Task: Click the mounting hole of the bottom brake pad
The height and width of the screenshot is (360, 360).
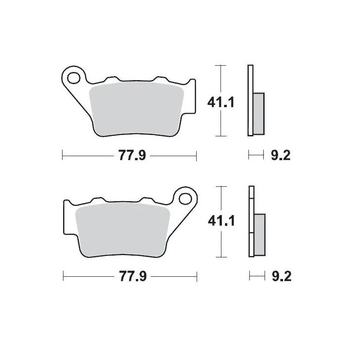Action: pos(185,198)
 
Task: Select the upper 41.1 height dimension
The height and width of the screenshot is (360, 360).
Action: pos(221,103)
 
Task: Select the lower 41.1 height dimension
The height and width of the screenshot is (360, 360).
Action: pos(221,221)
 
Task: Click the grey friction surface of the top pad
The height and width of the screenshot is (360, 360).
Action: pos(137,108)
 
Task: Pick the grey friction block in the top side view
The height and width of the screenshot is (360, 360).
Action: pos(259,113)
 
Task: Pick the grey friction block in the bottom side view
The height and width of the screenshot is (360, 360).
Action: pos(259,234)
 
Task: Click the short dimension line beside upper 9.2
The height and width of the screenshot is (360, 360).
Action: pos(256,156)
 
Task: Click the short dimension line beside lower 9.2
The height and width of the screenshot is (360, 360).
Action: pos(256,276)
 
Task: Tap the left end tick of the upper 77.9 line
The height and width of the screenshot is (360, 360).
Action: pos(62,156)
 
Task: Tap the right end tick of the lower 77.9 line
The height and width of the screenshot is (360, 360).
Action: pos(197,276)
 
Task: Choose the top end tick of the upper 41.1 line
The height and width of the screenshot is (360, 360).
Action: pos(220,66)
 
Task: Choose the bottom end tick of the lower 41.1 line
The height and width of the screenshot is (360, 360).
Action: pos(220,257)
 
